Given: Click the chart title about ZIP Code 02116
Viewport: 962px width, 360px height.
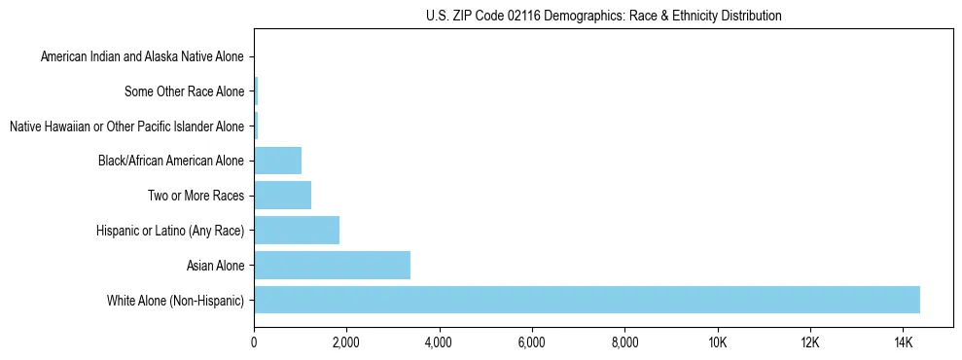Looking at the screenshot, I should tap(603, 16).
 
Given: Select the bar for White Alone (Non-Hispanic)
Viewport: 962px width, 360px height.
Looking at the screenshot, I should tap(587, 300).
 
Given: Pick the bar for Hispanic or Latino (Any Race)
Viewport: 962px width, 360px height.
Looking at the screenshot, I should tap(297, 230).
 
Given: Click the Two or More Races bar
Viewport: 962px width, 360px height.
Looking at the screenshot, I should tap(282, 195).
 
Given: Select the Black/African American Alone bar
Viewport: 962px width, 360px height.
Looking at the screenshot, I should tap(277, 161).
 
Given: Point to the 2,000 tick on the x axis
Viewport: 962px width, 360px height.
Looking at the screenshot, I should tap(346, 342).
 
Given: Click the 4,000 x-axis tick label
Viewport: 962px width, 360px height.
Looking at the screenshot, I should tap(439, 342).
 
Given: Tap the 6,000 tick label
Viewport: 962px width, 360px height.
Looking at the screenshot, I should tap(532, 342).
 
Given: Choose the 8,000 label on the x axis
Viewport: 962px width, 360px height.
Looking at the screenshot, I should tap(624, 342).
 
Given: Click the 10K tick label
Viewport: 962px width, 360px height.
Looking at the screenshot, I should tap(717, 342).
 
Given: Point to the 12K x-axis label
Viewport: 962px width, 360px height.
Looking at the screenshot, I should tap(810, 342).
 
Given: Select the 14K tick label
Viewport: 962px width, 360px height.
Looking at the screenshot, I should tap(903, 342).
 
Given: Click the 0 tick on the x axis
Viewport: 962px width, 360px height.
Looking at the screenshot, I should tap(254, 342).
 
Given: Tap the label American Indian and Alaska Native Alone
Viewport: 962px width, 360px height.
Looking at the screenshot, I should tap(142, 56).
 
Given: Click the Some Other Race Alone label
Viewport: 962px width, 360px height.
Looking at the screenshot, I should tap(185, 91).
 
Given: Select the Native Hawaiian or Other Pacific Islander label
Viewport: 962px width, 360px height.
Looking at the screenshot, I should tap(126, 126).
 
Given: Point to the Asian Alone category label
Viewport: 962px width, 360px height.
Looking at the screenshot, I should tap(215, 265).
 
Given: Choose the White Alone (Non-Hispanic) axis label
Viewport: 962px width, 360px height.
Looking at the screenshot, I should tap(176, 300).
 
